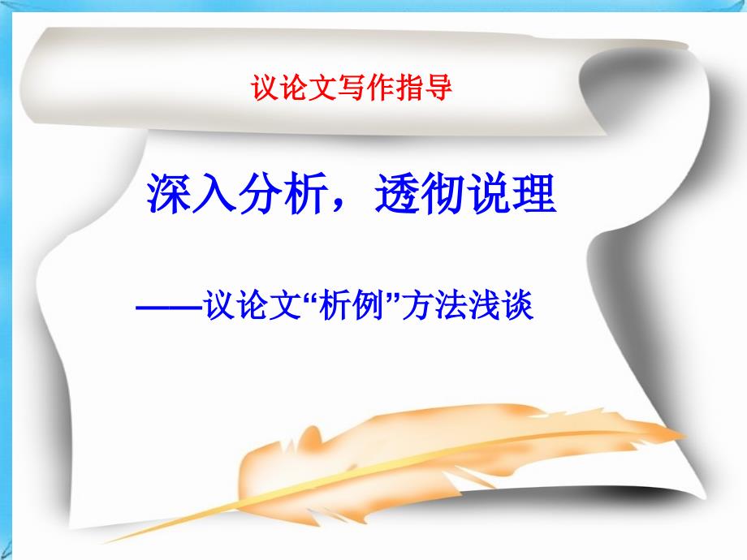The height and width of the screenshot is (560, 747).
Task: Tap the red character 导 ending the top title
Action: pos(438,88)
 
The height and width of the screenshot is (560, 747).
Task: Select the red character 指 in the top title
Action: pos(408,88)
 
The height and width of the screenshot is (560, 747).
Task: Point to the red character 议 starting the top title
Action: pos(265,88)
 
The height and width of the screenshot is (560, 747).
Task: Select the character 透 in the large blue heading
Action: pos(396,193)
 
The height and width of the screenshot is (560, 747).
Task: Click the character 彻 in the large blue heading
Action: pos(442,193)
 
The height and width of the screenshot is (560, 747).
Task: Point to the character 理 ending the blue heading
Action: pos(533,193)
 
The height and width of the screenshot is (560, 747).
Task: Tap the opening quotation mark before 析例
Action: pos(310,297)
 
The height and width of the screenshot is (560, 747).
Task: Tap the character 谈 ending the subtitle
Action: pos(518,305)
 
